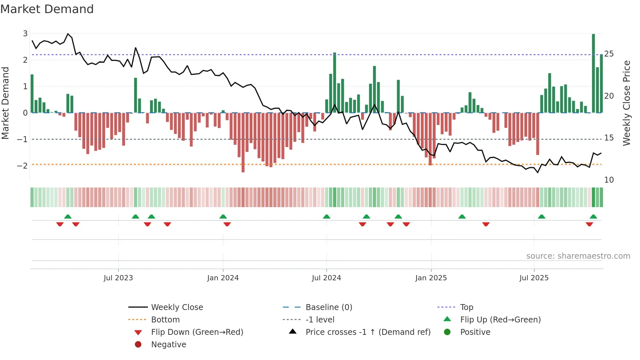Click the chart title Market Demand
[x=47, y=9]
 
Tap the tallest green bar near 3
[x=593, y=74]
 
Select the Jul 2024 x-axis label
[x=326, y=278]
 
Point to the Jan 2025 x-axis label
[x=431, y=278]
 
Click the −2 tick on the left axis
[x=23, y=166]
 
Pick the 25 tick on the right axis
[x=609, y=54]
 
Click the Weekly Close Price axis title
[x=626, y=103]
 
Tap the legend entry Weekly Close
[x=177, y=307]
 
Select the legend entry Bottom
[x=165, y=320]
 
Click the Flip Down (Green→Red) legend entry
[x=197, y=332]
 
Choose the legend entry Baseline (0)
[x=328, y=307]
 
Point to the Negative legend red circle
[x=138, y=345]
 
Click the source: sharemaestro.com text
[x=578, y=256]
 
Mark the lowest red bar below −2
[x=243, y=142]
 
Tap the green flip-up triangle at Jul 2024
[x=327, y=217]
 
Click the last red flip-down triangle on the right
[x=589, y=224]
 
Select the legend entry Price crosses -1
[x=368, y=332]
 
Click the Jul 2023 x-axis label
[x=118, y=278]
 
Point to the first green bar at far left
[x=32, y=94]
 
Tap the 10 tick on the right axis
[x=609, y=180]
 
